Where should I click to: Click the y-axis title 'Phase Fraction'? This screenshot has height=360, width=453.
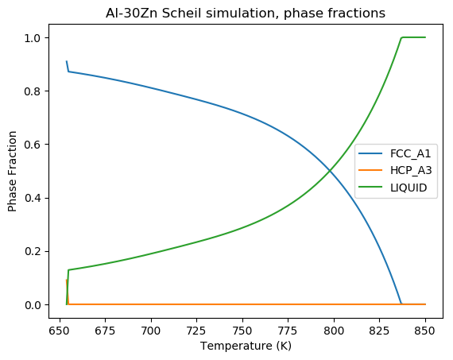(x=14, y=172)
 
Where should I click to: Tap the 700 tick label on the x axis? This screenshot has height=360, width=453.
(x=151, y=329)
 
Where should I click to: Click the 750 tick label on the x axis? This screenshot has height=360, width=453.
(x=242, y=329)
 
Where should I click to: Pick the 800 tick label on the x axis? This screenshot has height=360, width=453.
(x=334, y=329)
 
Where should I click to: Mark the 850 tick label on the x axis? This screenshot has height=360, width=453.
(x=425, y=329)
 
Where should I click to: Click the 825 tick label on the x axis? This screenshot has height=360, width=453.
(x=380, y=329)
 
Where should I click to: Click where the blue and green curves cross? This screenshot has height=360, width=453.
(x=330, y=171)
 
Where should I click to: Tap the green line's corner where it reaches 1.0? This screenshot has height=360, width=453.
(x=402, y=37)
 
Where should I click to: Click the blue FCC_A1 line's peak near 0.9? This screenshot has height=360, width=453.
(x=67, y=61)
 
